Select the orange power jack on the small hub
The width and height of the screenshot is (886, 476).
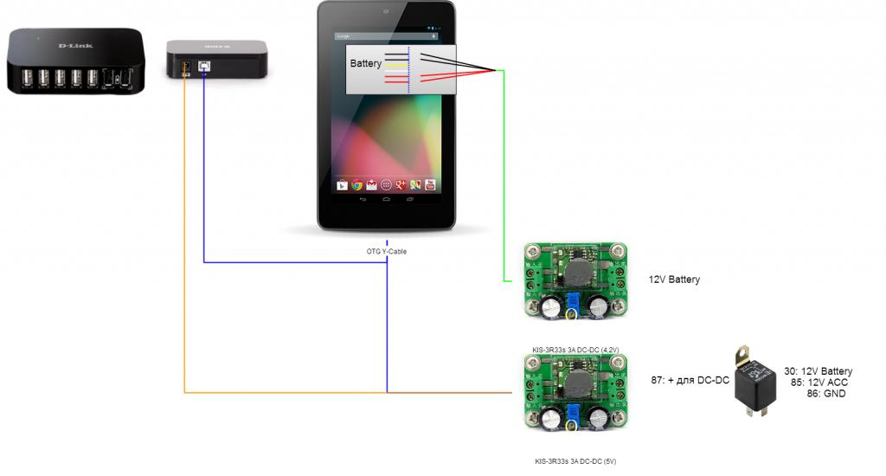tap(183, 68)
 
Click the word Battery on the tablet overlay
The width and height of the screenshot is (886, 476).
tap(365, 64)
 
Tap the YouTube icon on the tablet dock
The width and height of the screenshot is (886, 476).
tap(429, 184)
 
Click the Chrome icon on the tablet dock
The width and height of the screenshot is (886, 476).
tap(356, 184)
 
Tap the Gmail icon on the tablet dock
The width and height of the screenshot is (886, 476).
tap(371, 184)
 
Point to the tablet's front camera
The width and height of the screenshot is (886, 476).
tap(386, 11)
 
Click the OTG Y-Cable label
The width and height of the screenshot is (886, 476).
tap(386, 251)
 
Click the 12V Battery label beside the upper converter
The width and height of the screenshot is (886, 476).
tap(674, 280)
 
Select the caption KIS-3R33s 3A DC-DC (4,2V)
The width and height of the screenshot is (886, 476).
tap(575, 350)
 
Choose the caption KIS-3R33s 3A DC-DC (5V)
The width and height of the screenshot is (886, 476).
tap(575, 461)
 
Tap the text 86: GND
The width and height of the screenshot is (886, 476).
tap(825, 394)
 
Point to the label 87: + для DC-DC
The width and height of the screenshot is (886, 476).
tap(690, 380)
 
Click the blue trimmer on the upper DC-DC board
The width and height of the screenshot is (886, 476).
tap(572, 301)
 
